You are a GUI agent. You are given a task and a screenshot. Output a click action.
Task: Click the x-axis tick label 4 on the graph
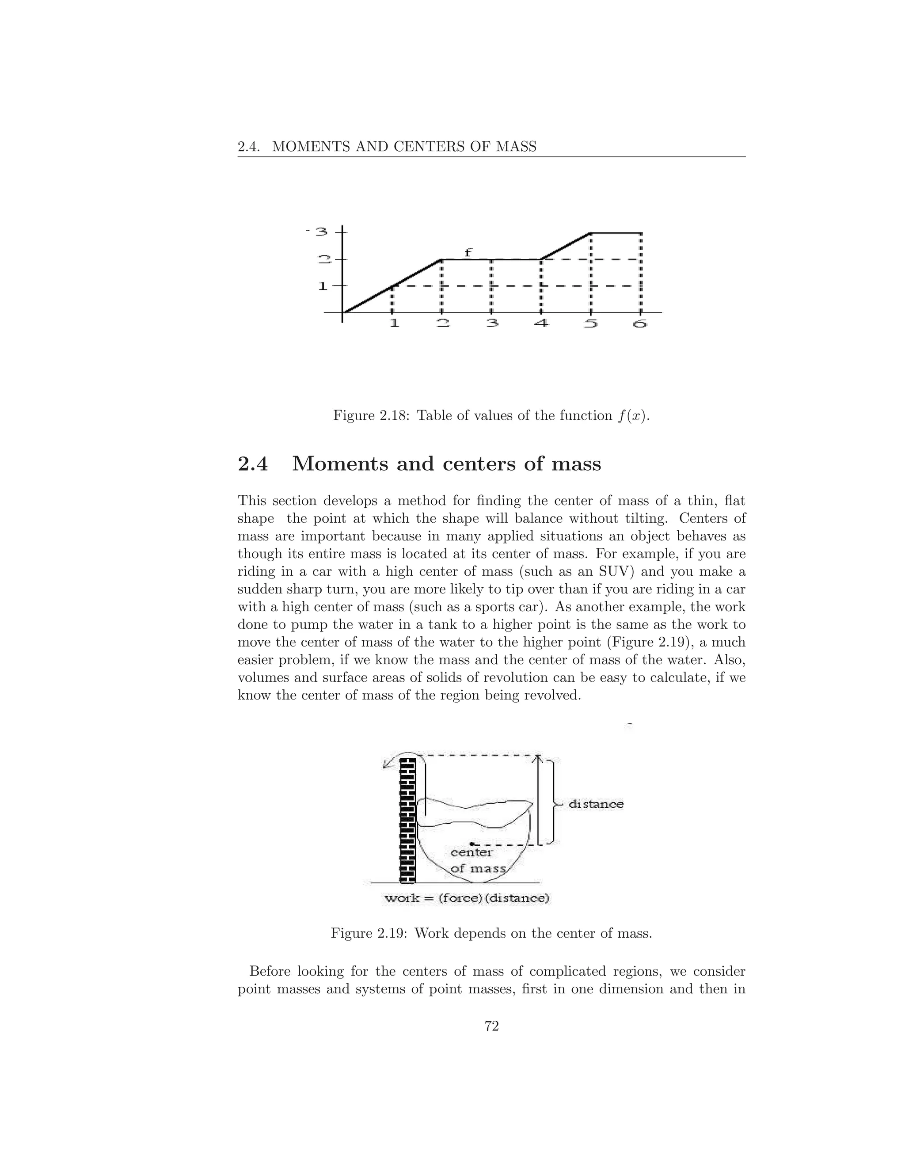click(541, 324)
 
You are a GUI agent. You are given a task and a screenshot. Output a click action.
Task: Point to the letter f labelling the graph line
click(468, 252)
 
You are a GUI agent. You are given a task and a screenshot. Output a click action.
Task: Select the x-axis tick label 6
click(640, 324)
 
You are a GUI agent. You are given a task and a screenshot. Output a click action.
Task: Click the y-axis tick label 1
click(323, 286)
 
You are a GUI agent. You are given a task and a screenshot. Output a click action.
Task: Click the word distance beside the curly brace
click(596, 804)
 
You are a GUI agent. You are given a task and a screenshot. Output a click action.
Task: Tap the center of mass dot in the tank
click(471, 844)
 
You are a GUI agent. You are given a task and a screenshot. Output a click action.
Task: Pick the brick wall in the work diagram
click(407, 820)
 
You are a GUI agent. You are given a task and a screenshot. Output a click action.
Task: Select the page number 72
click(492, 1026)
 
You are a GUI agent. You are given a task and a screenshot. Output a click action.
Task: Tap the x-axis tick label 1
click(394, 324)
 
